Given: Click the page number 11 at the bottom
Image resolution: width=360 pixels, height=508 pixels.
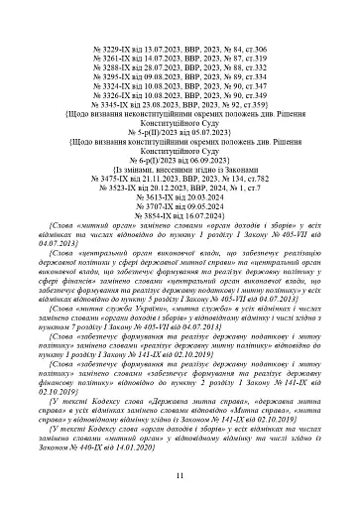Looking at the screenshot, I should pos(180,477).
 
